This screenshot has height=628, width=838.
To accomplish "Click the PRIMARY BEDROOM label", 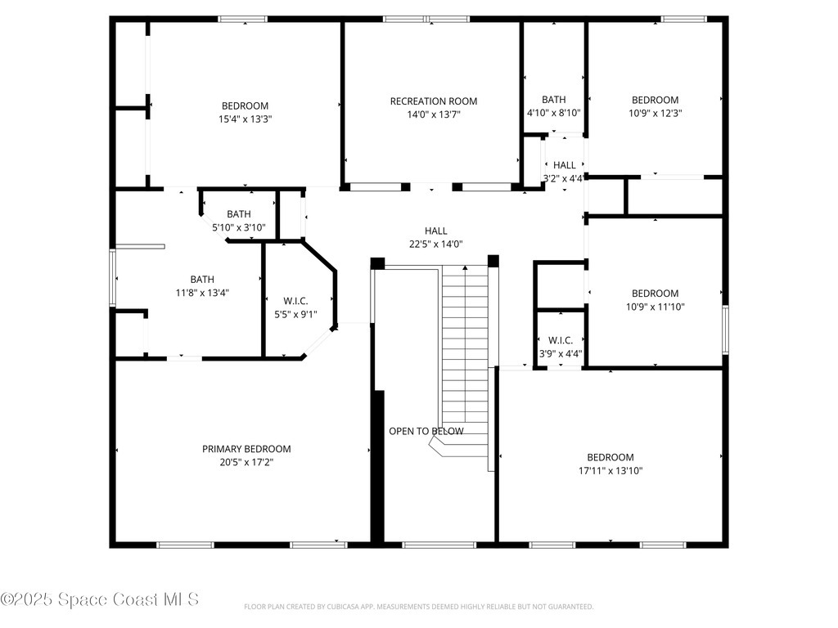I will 246,449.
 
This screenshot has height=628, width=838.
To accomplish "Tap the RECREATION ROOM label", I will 433,101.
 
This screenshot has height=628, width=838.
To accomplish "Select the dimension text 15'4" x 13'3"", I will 245,119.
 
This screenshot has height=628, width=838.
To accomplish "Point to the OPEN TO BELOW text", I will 426,431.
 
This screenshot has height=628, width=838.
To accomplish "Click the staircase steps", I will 465,343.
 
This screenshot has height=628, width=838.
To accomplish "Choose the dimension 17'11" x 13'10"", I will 610,470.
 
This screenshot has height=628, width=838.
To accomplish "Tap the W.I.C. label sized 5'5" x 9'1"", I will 295,300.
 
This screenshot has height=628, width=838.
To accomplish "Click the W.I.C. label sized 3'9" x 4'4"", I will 560,340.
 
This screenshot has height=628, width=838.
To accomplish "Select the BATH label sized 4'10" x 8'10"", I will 553,100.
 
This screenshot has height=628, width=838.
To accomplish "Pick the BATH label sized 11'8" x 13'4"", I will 202,280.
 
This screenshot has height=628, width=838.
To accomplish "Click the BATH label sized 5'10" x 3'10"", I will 239,214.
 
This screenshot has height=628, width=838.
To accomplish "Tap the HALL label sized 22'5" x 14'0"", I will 435,231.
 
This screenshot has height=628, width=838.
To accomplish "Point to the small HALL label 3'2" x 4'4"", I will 564,165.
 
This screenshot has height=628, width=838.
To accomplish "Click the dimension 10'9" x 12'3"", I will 655,113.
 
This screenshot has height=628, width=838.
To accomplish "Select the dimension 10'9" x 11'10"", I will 655,307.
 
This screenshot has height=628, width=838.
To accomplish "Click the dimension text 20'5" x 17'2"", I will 246,462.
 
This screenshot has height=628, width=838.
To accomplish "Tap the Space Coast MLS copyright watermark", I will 100,599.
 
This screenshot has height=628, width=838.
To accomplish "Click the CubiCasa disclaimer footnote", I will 418,607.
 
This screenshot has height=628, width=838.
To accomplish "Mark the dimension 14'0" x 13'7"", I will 433,114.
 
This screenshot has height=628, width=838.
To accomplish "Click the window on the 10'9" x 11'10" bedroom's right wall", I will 725,330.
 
